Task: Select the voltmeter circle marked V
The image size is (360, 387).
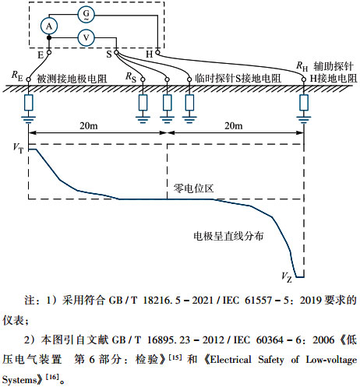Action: [87, 37]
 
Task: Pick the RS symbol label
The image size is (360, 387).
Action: [131, 77]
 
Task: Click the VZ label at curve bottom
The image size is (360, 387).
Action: [286, 276]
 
